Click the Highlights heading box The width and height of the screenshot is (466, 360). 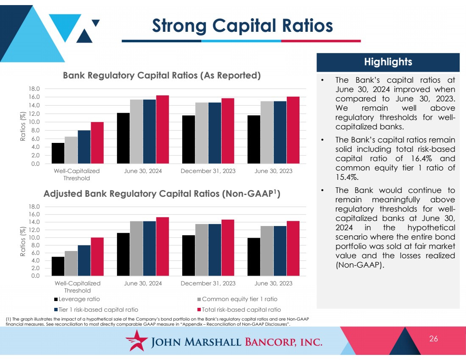coord(388,62)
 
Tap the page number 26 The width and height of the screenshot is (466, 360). coord(433,338)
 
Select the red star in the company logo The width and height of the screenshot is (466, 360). coord(136,340)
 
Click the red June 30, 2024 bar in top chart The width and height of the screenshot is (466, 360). coord(163,129)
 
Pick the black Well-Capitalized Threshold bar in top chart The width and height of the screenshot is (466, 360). coord(58,153)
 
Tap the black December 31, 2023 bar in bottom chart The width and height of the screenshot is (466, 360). coord(189,256)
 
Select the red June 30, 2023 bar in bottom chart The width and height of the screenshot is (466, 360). coord(293,248)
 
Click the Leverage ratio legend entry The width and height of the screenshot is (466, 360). coord(77,299)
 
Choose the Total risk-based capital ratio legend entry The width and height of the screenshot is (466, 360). coord(239,310)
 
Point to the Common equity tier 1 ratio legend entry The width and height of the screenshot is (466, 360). coord(237,299)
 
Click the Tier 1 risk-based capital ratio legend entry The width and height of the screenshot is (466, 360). coord(96,310)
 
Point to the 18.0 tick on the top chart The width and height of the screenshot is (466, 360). coord(34,89)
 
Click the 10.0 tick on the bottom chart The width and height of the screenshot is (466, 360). coord(34,237)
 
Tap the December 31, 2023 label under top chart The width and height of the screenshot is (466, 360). coord(208,171)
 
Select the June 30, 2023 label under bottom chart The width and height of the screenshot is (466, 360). coord(273,283)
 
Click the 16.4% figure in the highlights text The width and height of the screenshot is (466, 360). coord(422,158)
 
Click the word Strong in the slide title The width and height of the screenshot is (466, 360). coord(179,26)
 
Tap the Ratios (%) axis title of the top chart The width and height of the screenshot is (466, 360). coord(22,126)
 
